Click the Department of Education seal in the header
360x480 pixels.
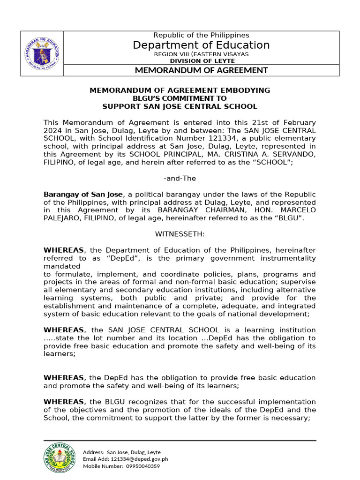42,53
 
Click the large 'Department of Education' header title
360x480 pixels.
201,45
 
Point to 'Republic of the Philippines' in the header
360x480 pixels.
201,35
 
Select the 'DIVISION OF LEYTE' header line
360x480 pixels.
201,61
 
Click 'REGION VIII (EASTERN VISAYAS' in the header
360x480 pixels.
201,54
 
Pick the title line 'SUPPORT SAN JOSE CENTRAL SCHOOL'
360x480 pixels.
180,107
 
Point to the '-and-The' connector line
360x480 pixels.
180,179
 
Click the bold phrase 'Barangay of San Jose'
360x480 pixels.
83,194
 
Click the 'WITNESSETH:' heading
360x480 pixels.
180,234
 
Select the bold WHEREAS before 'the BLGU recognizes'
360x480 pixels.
64,402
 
